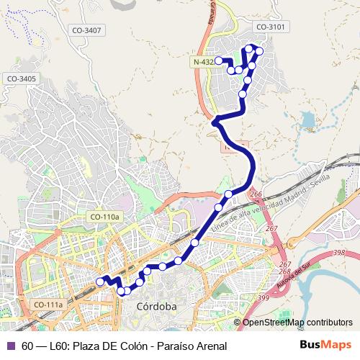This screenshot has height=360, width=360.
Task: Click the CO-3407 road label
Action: (x=87, y=30)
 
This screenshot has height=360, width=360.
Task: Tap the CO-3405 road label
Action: (x=21, y=78)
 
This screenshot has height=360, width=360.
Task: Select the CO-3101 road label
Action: (x=271, y=27)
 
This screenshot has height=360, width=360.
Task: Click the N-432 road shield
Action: (x=203, y=63)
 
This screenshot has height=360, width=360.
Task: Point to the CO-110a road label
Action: (x=106, y=216)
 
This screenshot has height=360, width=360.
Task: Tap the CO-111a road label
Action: (x=49, y=305)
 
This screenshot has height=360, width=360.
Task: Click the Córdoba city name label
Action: (x=156, y=306)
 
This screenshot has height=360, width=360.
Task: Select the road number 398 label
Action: (x=340, y=252)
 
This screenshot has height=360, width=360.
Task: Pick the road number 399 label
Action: (x=263, y=297)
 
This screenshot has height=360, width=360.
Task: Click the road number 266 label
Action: (x=256, y=194)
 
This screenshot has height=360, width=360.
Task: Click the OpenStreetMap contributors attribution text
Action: (x=297, y=323)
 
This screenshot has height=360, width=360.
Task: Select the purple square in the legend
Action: (x=11, y=346)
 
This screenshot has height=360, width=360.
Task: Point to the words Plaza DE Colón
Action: (x=107, y=346)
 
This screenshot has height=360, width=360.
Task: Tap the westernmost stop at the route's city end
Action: (x=100, y=282)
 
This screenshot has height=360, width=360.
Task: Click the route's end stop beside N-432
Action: (x=218, y=61)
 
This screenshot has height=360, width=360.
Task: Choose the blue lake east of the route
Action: (x=308, y=120)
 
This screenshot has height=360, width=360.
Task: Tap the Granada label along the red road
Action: (x=211, y=13)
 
